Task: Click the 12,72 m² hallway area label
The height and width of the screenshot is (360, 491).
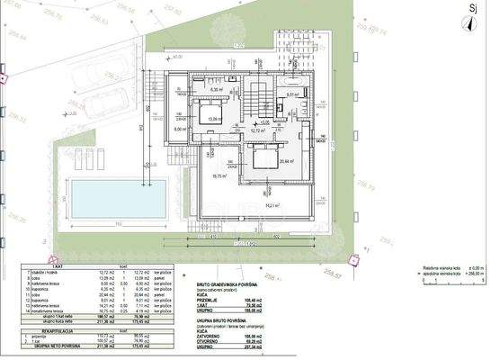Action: (256, 130)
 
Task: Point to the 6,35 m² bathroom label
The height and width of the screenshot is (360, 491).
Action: (217, 90)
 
